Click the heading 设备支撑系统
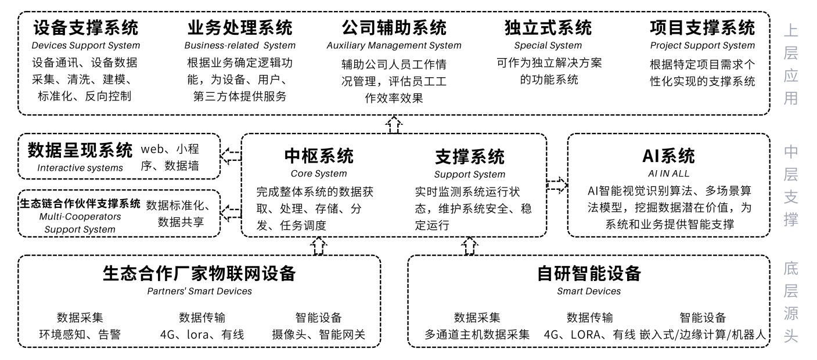(x=85, y=27)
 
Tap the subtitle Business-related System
(x=240, y=45)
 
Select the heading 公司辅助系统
(x=394, y=27)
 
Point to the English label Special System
(x=548, y=45)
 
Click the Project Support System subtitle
(x=703, y=45)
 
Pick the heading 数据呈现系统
(x=80, y=151)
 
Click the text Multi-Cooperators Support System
(x=80, y=223)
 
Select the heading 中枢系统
(x=318, y=156)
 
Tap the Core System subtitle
(x=318, y=174)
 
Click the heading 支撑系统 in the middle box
(x=469, y=156)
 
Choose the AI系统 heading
(x=668, y=156)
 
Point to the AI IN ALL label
(x=668, y=174)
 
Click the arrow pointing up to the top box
(x=394, y=124)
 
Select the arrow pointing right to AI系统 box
(x=557, y=185)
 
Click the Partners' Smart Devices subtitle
(x=199, y=291)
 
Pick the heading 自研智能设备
(x=589, y=273)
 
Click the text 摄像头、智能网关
(x=318, y=335)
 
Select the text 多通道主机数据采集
(x=477, y=335)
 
